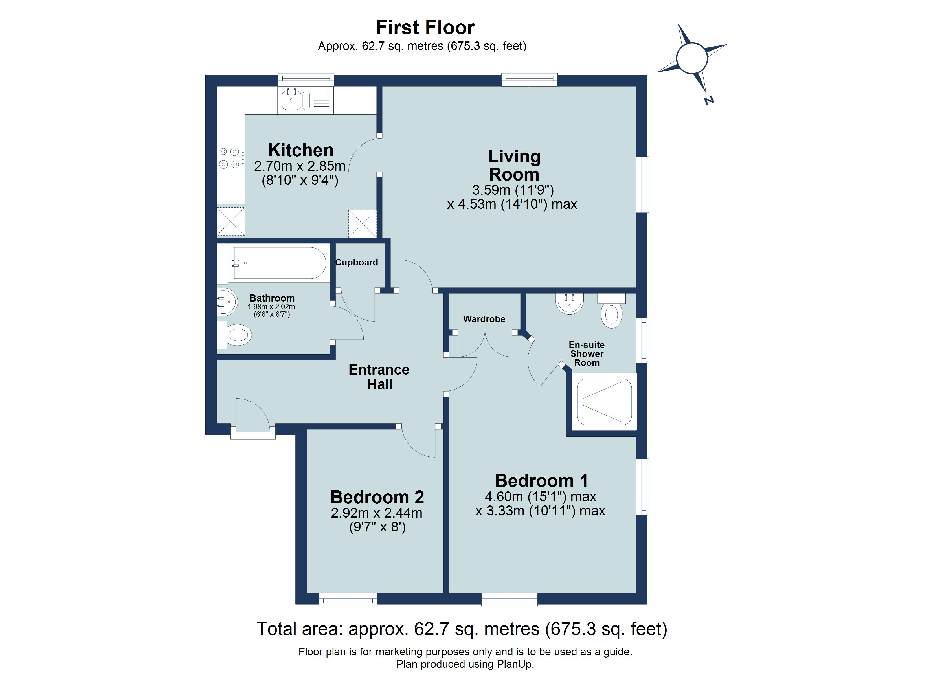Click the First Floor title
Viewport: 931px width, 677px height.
pyautogui.click(x=425, y=28)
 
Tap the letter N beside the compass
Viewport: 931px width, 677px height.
pyautogui.click(x=709, y=101)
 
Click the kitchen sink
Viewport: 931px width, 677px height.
pyautogui.click(x=291, y=100)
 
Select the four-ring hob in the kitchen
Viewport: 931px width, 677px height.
pyautogui.click(x=229, y=158)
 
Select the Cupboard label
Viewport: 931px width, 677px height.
pyautogui.click(x=356, y=262)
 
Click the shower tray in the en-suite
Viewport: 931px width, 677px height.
pyautogui.click(x=604, y=401)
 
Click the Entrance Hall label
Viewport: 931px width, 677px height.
pyautogui.click(x=379, y=377)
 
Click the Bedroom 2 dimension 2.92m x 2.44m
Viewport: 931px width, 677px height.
pyautogui.click(x=376, y=513)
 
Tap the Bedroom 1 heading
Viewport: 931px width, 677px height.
pyautogui.click(x=541, y=481)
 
